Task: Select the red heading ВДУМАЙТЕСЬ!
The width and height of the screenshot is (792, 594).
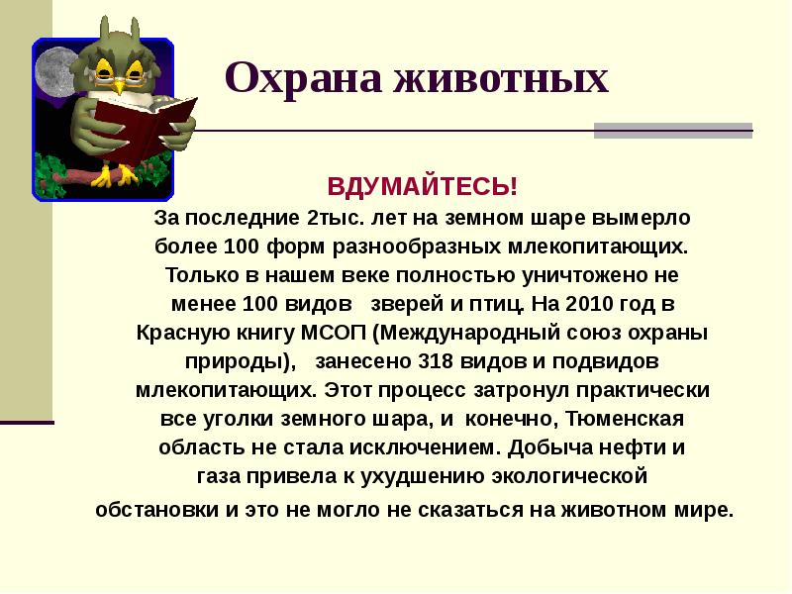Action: tap(423, 187)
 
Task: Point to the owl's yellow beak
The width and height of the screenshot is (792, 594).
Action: tap(120, 85)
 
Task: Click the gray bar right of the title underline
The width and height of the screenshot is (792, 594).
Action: tap(672, 131)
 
